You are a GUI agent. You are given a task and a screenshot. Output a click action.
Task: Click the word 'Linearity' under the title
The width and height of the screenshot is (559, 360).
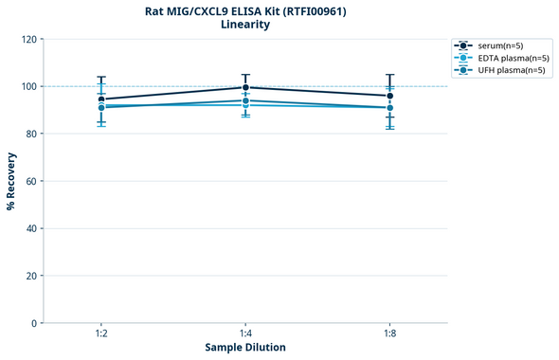[244, 25]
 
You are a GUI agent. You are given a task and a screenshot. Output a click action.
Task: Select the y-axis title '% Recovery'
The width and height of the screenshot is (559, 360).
[11, 180]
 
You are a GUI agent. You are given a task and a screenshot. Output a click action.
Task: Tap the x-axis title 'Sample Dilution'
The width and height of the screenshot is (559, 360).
[245, 348]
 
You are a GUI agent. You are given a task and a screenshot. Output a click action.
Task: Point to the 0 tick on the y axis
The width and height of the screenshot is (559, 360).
[33, 323]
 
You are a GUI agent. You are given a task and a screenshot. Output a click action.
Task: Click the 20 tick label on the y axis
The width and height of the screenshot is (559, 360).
[30, 276]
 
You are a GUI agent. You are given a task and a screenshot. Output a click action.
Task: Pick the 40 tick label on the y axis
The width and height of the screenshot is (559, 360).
[30, 228]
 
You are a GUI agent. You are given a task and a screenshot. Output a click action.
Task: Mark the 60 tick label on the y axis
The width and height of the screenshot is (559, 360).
[30, 181]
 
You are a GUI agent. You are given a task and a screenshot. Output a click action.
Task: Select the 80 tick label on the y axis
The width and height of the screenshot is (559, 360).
[30, 134]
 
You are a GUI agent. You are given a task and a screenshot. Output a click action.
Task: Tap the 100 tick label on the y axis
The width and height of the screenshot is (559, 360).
[28, 86]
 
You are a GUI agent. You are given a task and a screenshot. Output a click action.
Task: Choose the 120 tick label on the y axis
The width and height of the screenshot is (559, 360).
[28, 40]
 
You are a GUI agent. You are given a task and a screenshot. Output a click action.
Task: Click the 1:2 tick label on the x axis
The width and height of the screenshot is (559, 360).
[101, 334]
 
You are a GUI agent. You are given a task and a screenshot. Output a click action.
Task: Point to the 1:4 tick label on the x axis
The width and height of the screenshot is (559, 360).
[245, 334]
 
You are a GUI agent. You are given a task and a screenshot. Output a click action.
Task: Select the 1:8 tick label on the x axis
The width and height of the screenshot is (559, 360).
[389, 334]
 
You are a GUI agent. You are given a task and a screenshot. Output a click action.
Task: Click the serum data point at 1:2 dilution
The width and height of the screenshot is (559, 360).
[101, 99]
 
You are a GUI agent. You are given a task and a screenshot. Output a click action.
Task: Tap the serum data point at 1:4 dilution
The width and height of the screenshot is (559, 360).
[245, 87]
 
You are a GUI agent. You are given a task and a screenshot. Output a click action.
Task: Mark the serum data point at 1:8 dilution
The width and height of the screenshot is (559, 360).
[389, 96]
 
